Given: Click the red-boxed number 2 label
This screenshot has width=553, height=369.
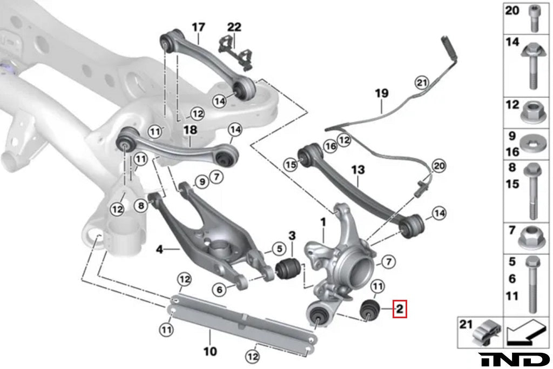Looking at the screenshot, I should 400,310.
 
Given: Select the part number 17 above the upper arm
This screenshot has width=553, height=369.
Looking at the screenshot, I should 199,26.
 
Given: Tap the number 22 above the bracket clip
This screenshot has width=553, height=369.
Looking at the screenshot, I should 234,26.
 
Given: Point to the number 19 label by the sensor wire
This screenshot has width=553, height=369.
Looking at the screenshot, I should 382,93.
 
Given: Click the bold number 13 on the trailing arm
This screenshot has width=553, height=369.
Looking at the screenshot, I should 358,171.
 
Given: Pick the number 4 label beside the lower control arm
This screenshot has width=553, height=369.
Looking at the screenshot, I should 159,249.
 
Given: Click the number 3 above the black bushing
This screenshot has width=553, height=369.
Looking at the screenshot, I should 292,236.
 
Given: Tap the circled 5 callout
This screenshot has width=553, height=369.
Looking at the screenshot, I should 278,249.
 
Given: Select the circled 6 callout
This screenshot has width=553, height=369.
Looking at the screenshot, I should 220,290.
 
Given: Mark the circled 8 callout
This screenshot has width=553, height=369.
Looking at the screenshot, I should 141,205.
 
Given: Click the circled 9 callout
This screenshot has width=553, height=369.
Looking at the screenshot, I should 201,182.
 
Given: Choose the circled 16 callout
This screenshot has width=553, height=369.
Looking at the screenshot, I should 331,146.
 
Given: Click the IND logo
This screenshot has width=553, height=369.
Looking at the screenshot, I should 514,359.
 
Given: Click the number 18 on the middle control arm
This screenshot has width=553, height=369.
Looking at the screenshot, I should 190,130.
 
